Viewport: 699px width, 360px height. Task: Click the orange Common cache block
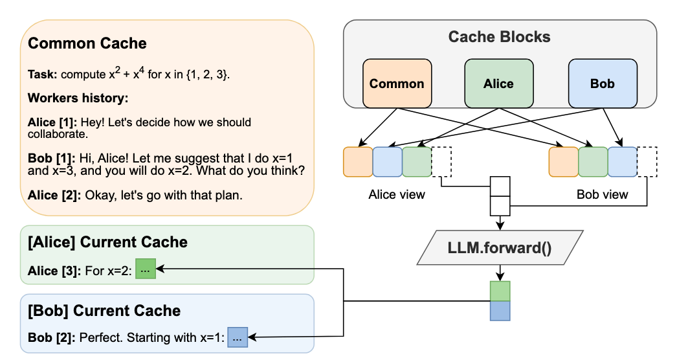(397, 84)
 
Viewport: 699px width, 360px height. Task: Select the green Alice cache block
(499, 84)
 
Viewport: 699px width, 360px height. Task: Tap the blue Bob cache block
(603, 84)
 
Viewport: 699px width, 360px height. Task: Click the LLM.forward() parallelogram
(500, 247)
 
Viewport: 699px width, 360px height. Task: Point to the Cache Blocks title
(499, 36)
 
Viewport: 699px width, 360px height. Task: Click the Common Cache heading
(87, 43)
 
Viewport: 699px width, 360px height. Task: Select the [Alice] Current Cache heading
(107, 242)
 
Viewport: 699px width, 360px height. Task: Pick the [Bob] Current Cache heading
(104, 311)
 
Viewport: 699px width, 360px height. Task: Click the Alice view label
(397, 194)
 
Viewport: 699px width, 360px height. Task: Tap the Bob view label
(603, 194)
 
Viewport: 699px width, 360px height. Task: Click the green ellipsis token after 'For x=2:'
(146, 269)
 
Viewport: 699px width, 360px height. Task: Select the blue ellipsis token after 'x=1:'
(238, 337)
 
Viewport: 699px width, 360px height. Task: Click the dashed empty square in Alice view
(441, 162)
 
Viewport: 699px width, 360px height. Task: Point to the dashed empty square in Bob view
(647, 162)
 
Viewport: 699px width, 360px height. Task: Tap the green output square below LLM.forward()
(500, 291)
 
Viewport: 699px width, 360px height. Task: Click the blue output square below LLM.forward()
(500, 311)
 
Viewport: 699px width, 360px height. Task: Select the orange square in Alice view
(358, 162)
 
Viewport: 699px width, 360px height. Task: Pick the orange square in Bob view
(564, 162)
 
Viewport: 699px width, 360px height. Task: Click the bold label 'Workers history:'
(78, 98)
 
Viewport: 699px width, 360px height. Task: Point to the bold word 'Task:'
(42, 74)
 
